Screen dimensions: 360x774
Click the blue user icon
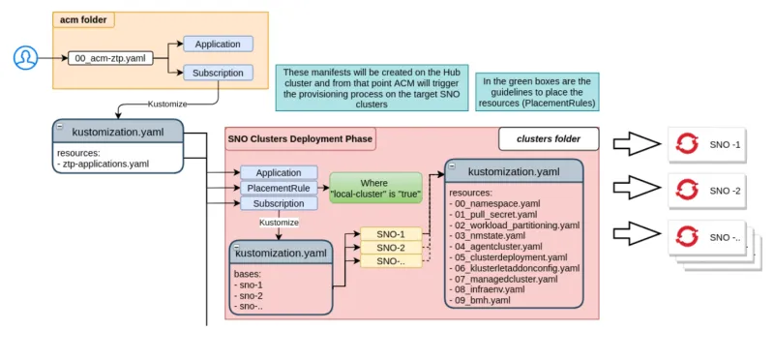coord(24,58)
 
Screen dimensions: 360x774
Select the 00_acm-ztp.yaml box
coord(109,59)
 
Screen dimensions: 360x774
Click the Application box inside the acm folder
coord(218,45)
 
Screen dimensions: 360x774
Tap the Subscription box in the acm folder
coord(218,73)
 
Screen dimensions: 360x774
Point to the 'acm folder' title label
coord(86,19)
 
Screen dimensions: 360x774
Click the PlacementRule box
coord(278,188)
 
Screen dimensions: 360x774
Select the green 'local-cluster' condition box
coord(375,188)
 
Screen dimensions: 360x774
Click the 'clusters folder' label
coord(549,138)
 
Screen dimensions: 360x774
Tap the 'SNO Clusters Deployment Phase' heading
coord(299,138)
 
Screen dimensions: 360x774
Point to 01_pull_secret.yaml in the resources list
coord(492,214)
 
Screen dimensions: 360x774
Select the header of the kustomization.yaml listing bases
coord(280,253)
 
